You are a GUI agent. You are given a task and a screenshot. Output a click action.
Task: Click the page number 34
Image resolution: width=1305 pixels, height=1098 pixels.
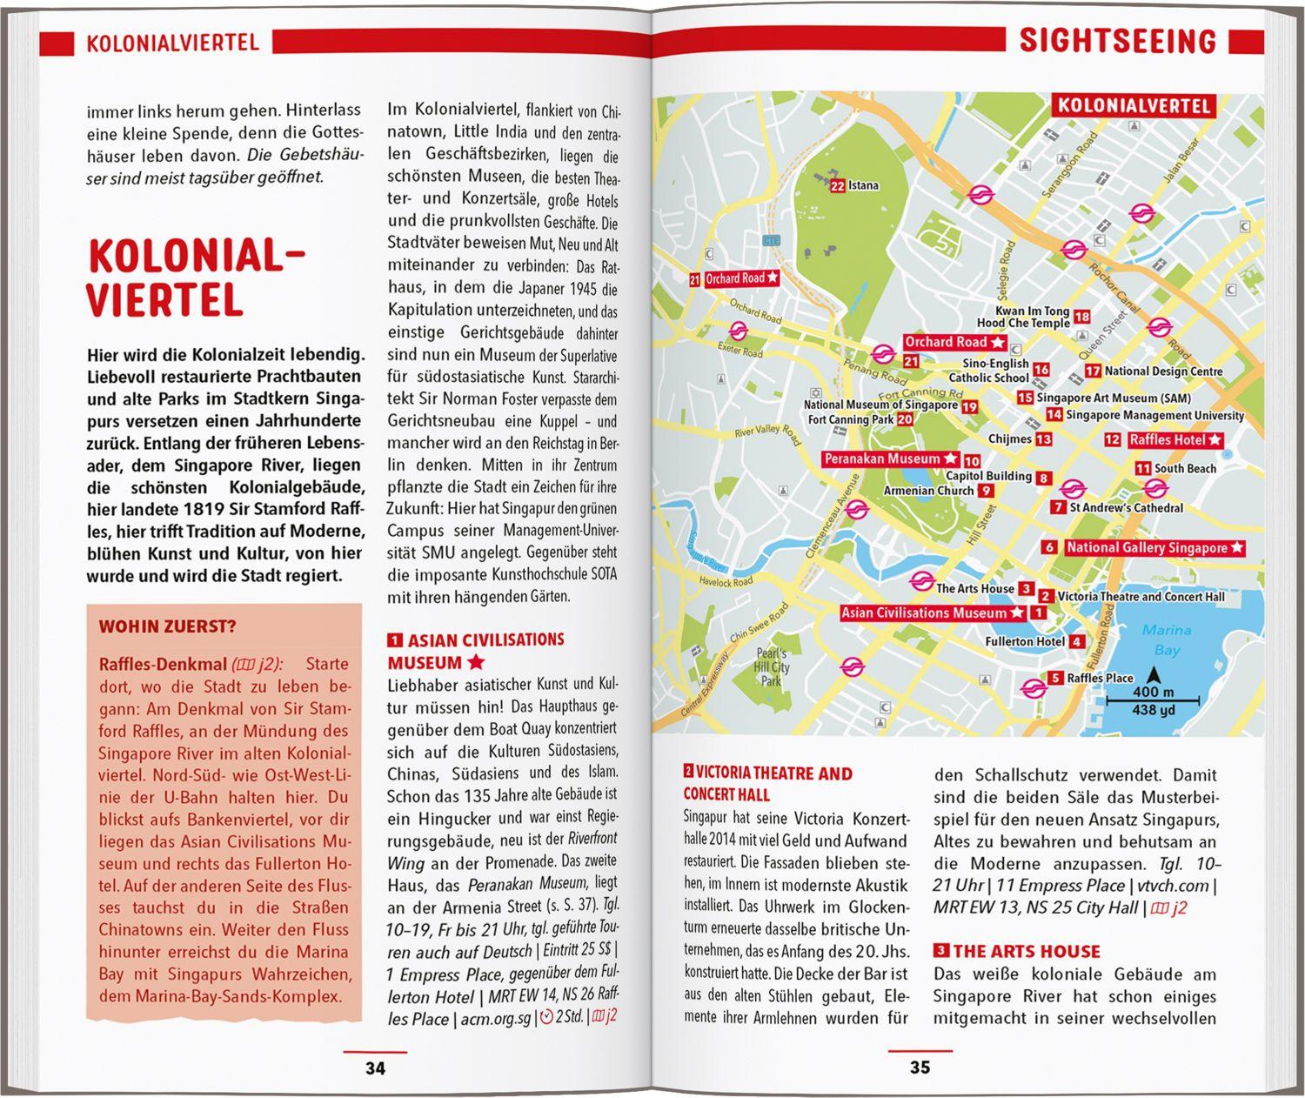(x=375, y=1068)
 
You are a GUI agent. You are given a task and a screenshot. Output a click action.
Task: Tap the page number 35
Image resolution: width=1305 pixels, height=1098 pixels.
(x=920, y=1068)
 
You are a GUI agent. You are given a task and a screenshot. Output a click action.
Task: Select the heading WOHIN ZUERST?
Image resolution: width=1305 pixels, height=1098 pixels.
(x=167, y=626)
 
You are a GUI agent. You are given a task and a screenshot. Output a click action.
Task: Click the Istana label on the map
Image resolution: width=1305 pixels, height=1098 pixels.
(x=864, y=185)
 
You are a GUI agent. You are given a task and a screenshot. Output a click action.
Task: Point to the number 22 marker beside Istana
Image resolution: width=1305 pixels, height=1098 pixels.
(x=838, y=185)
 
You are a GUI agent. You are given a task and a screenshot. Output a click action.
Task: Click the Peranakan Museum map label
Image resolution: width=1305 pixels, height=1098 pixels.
(x=882, y=459)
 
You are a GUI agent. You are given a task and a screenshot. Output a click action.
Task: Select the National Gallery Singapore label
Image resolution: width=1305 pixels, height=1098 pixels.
(x=1147, y=548)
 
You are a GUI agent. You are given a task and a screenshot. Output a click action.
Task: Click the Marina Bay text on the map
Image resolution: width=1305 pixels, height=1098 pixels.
(x=1167, y=639)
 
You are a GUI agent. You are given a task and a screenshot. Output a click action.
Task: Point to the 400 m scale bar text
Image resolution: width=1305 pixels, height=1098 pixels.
(x=1154, y=693)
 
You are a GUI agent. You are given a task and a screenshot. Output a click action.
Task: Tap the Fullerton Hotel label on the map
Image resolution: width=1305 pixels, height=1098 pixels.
(x=1025, y=642)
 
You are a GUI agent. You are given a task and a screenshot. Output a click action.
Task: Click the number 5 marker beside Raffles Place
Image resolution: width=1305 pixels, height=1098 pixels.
(x=1055, y=679)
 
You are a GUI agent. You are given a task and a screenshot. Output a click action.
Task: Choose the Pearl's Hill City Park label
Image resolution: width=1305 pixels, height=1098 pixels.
(x=772, y=667)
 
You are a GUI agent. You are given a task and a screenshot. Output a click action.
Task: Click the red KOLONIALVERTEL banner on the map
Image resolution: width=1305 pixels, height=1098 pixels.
(x=1134, y=106)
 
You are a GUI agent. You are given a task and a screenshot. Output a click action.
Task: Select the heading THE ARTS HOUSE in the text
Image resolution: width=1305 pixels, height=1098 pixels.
(x=1027, y=951)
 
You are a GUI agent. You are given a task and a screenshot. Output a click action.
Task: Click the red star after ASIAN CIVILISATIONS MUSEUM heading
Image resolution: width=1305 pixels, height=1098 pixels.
(x=476, y=663)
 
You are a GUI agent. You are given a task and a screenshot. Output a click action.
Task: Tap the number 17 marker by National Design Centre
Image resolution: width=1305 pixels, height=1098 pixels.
(x=1093, y=372)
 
